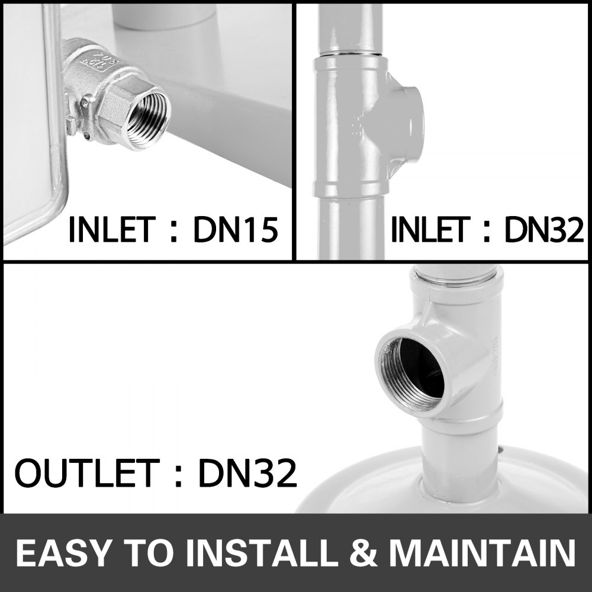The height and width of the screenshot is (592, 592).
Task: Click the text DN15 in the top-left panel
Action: (235, 230)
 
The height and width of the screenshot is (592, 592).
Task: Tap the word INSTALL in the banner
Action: (263, 553)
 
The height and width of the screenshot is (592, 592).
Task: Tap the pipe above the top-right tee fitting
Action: (346, 27)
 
